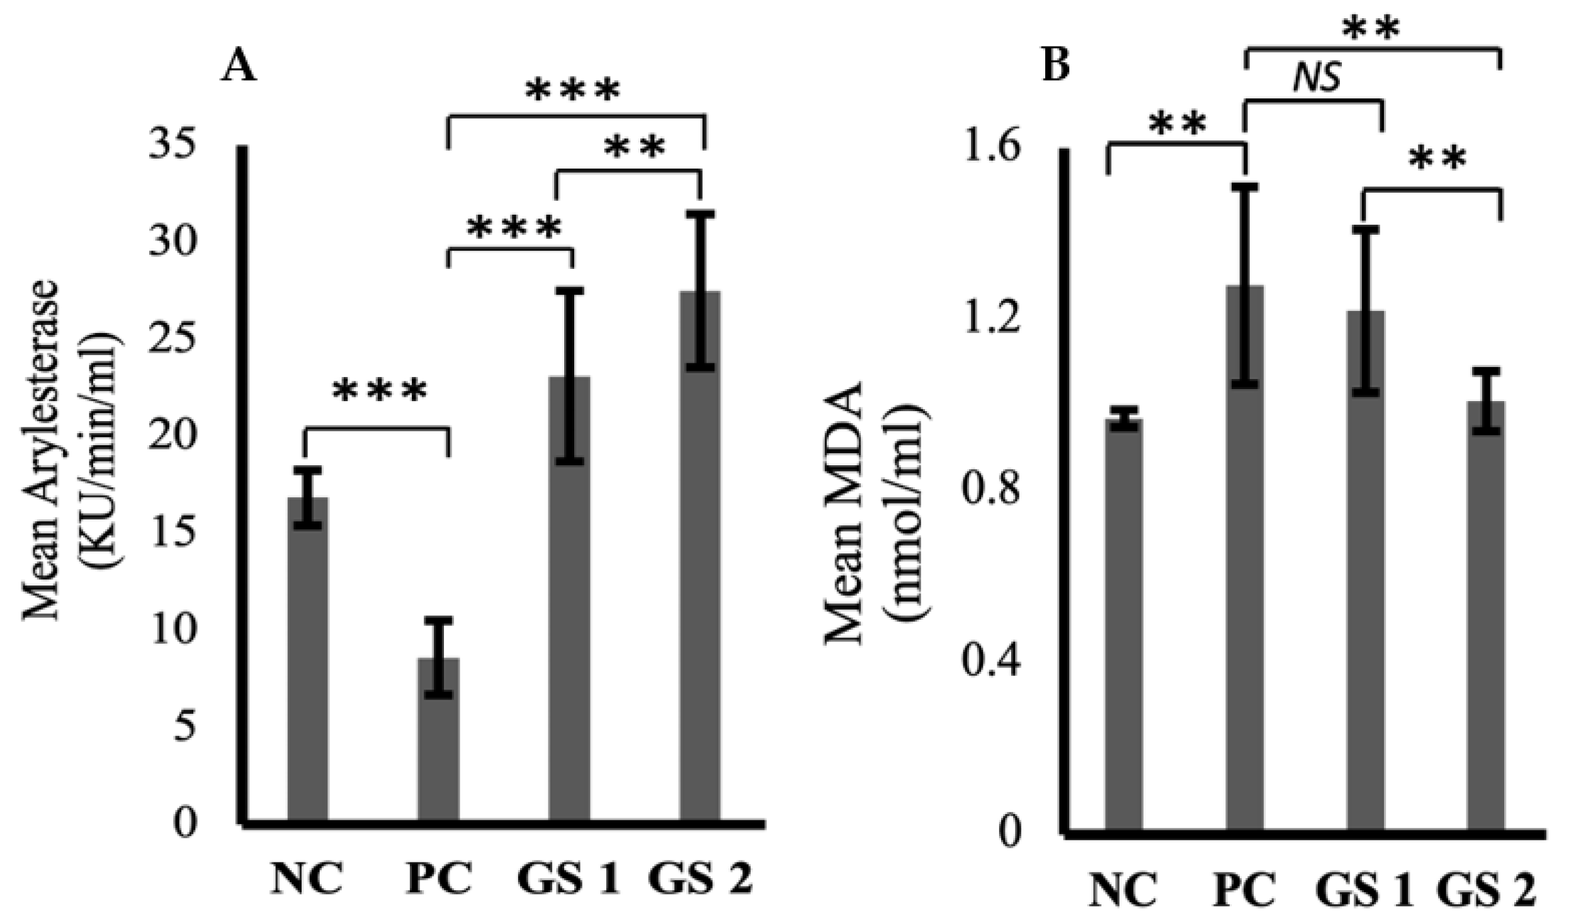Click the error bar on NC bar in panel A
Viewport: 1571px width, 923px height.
(x=308, y=498)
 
